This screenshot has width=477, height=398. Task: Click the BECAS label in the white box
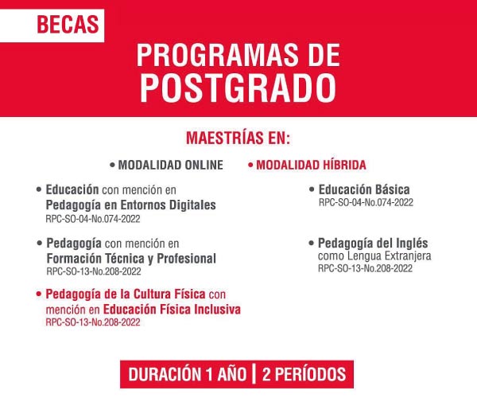68,25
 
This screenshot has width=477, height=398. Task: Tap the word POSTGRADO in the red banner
238,88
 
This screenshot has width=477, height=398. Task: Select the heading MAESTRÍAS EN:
238,138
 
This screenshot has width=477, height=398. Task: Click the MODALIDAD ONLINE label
171,165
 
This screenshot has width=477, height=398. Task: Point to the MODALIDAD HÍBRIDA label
311,165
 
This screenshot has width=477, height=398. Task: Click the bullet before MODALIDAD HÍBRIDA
250,166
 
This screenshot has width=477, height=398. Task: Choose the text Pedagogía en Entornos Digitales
131,205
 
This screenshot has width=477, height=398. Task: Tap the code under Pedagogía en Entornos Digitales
93,219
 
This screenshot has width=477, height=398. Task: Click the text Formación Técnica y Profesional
131,259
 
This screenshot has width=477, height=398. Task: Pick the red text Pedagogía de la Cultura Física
126,295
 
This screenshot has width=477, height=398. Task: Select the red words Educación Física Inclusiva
172,310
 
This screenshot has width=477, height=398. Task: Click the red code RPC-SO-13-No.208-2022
93,322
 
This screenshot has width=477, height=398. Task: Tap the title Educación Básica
364,189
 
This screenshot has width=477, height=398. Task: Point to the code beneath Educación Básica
366,202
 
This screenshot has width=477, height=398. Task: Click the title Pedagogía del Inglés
373,244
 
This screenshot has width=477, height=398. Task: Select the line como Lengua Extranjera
374,256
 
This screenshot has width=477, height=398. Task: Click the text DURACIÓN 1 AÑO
187,374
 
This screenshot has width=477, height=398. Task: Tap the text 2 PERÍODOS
304,374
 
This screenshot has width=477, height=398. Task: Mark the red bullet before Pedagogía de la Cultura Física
38,295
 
